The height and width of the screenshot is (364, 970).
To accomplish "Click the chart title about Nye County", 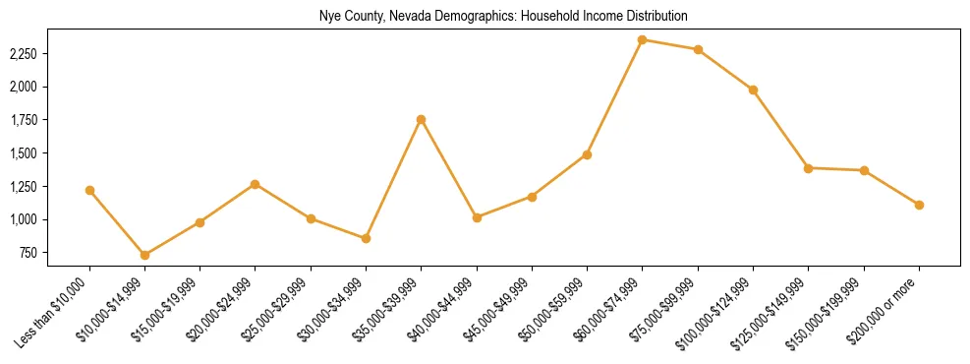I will click(x=502, y=17).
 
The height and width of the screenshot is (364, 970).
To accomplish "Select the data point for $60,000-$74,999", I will click(x=643, y=39).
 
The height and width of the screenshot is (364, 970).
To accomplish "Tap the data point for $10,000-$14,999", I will click(x=145, y=255).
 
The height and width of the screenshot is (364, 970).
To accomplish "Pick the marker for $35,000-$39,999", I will click(x=422, y=119).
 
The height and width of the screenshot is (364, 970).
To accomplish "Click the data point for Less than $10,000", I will click(x=89, y=190).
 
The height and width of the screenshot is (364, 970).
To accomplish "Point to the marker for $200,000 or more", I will click(x=919, y=205).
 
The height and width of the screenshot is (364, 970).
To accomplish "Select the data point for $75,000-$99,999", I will click(x=698, y=49).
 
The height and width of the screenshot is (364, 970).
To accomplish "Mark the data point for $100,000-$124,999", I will click(x=753, y=90).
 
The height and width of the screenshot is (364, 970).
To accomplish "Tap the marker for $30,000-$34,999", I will click(x=366, y=238).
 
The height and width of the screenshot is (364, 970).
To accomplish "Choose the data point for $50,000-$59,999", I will click(x=587, y=154).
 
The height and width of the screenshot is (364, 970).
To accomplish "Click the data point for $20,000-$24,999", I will click(x=256, y=184).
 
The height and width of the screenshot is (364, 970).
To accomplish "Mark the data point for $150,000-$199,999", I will click(x=864, y=170).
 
